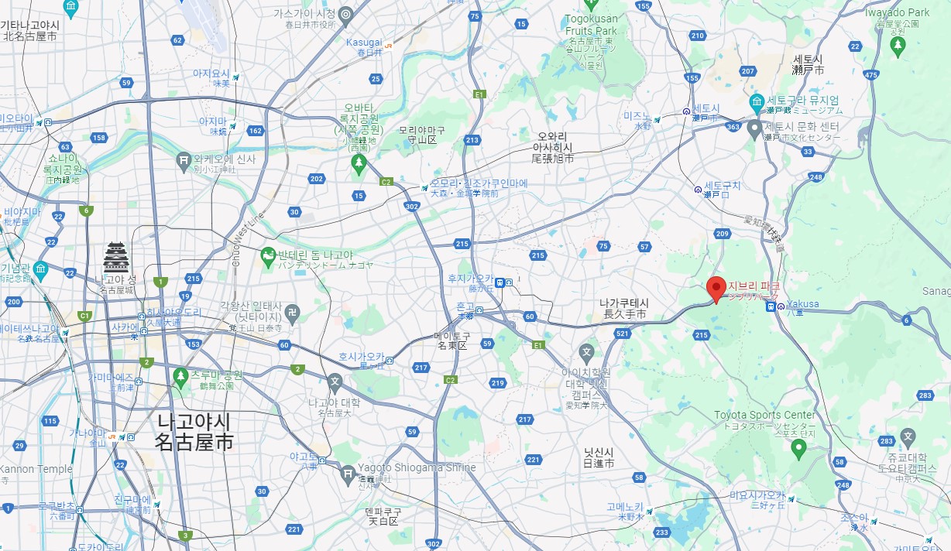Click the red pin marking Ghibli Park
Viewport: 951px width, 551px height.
pos(716,288)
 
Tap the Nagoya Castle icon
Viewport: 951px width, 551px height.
pos(116,257)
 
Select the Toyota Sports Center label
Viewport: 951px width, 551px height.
pos(764,416)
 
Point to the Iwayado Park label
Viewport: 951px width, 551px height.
pos(897,12)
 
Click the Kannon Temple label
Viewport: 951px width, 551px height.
pos(36,469)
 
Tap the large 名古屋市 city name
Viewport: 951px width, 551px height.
pos(194,443)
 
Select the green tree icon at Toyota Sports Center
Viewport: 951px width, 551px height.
pos(798,448)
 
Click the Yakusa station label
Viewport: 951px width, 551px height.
pos(802,304)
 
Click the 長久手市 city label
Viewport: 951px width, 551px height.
pos(624,314)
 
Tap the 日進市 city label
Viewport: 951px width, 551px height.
pos(599,463)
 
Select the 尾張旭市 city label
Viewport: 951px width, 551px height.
pos(553,158)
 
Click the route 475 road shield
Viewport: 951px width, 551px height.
pos(872,75)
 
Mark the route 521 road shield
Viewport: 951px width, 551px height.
pos(621,334)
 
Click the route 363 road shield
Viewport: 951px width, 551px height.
pos(733,125)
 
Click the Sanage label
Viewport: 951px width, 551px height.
pos(936,291)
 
